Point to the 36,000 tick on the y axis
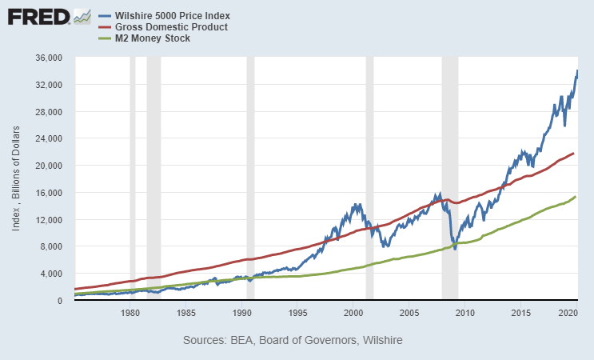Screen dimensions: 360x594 47,58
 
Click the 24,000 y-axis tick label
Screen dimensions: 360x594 47,138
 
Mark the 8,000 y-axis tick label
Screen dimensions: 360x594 50,246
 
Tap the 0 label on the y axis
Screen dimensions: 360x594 60,300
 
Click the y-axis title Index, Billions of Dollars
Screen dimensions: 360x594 16,179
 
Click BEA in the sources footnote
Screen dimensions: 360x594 244,341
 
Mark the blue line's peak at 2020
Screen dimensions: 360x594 577,70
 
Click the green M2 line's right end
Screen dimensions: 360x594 576,197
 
